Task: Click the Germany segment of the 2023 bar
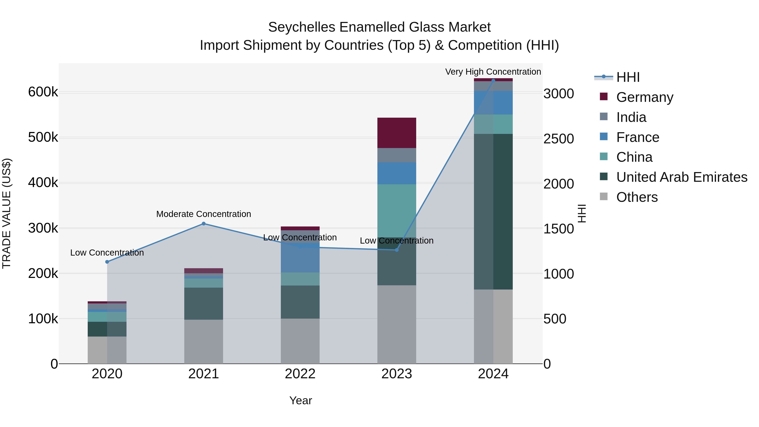(x=397, y=133)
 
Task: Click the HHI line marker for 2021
(x=203, y=224)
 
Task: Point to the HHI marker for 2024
(x=493, y=81)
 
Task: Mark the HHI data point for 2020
(x=107, y=262)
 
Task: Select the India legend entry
(x=631, y=117)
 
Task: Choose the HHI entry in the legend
(x=628, y=77)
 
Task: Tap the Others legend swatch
(x=603, y=197)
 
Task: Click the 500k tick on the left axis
(x=43, y=137)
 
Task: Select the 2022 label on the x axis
(x=300, y=374)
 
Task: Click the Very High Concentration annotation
(x=493, y=72)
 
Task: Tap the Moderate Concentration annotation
(x=203, y=214)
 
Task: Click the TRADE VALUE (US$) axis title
(x=7, y=213)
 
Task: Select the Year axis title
(x=300, y=400)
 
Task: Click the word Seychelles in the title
(x=302, y=27)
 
